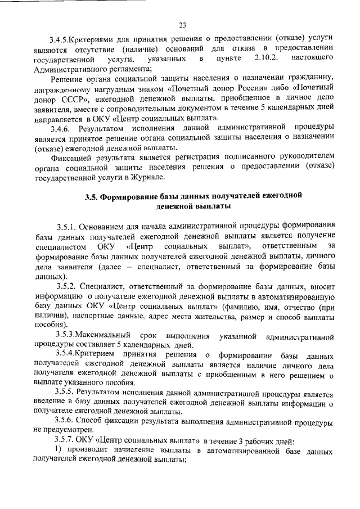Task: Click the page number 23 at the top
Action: (182, 24)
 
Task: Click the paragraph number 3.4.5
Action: (58, 40)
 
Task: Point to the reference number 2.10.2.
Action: (267, 58)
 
